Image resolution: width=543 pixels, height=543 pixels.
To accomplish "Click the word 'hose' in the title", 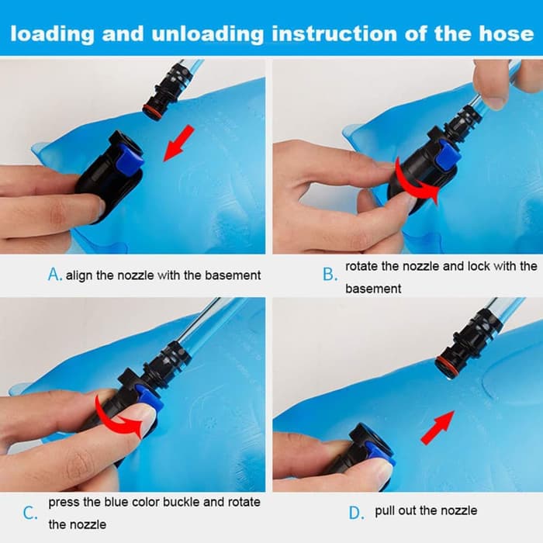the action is click(x=507, y=34).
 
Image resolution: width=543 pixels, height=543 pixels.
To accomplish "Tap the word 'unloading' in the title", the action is click(x=207, y=35).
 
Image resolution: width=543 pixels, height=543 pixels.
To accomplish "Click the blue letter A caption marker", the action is click(x=54, y=275).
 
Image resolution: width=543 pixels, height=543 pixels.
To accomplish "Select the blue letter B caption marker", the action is click(x=330, y=275).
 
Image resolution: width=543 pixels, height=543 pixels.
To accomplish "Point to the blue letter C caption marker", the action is click(x=29, y=513).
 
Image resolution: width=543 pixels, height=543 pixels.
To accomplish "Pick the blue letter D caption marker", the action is click(x=356, y=513).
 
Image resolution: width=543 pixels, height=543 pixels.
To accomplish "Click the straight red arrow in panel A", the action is click(x=178, y=143).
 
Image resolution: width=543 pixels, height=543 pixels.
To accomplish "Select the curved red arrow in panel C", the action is click(x=118, y=417).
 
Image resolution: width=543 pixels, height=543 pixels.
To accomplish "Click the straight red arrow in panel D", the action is click(x=438, y=427).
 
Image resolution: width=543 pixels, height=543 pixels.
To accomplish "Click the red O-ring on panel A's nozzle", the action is click(x=152, y=114).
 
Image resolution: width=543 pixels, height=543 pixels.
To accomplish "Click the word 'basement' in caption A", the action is click(x=233, y=275).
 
